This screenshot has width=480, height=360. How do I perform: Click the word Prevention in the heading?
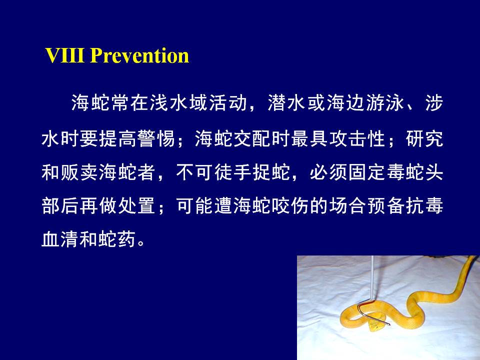pos(140,55)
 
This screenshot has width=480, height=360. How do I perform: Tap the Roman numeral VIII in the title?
pos(64,55)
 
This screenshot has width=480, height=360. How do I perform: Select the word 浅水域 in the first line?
pos(179,102)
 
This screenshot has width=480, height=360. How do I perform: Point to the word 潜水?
pos(287,102)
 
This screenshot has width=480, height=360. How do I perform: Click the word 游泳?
pos(385,102)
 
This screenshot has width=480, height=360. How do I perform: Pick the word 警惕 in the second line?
pos(156,138)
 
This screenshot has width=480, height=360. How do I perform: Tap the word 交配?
pos(252,138)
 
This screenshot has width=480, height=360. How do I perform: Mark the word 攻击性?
pos(357,138)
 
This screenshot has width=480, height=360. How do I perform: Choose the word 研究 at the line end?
pos(424,138)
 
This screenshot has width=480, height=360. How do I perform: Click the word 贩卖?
pos(79,172)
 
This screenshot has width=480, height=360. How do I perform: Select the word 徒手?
pos(233,172)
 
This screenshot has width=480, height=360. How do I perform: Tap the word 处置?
pos(137,205)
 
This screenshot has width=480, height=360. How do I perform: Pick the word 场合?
pos(348,205)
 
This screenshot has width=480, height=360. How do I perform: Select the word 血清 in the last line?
pos(60,239)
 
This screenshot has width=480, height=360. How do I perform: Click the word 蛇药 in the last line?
pos(118,239)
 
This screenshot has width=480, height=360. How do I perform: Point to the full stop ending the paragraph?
pos(141,243)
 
